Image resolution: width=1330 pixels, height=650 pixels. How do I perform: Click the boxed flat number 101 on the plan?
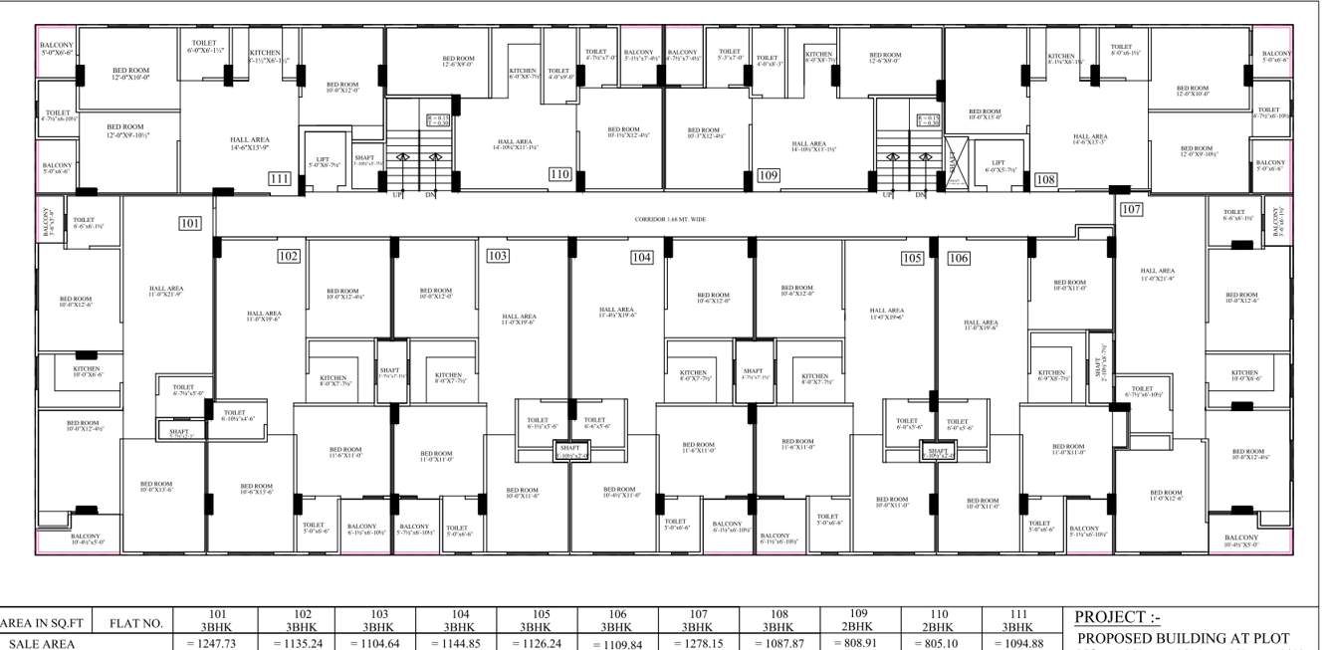[190, 223]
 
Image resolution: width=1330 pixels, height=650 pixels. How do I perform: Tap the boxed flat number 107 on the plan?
[1131, 210]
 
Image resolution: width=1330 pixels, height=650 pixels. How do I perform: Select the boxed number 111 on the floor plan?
[280, 179]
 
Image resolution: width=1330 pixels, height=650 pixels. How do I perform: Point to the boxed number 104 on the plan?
[641, 258]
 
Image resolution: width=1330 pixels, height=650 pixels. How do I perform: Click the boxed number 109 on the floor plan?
[768, 175]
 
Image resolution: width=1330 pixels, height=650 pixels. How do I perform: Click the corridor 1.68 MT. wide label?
[670, 219]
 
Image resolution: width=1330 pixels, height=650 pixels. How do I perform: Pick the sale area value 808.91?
[857, 643]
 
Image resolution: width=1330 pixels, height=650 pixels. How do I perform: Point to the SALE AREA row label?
[38, 644]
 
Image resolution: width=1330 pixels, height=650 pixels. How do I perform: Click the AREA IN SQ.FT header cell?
[44, 624]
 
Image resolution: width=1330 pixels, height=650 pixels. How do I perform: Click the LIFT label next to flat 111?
[323, 160]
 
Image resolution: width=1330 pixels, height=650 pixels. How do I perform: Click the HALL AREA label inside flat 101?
[165, 291]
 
